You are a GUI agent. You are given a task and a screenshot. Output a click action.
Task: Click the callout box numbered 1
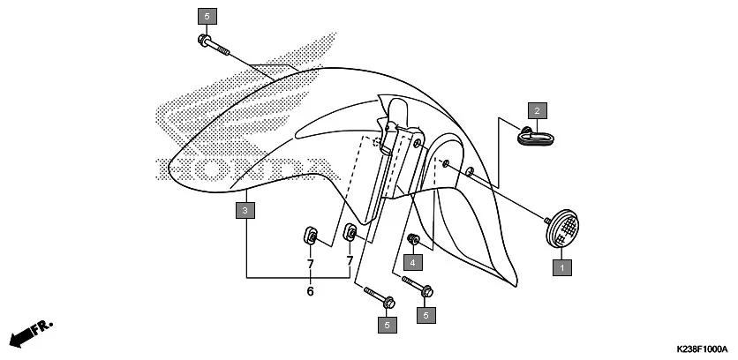point(559,265)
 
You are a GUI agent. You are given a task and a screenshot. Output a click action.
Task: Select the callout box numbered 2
point(535,110)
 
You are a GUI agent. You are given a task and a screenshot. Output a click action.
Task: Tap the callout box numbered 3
point(246,210)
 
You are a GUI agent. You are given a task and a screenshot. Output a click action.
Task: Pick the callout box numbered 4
point(410,262)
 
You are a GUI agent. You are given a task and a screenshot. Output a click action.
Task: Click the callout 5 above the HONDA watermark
point(207,16)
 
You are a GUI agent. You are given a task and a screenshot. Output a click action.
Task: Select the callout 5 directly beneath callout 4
point(427,314)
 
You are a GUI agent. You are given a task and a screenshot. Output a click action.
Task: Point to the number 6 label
point(311,291)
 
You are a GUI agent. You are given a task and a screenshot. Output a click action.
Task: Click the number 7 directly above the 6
point(311,264)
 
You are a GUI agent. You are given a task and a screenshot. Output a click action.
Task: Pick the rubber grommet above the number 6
point(311,236)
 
